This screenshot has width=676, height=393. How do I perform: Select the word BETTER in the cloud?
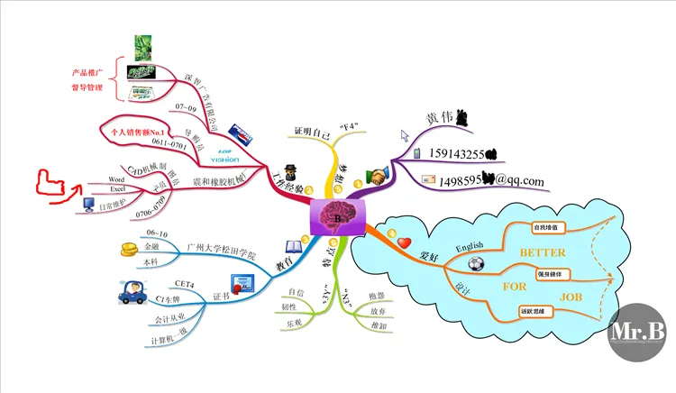543,253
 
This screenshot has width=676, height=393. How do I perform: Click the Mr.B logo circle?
637,331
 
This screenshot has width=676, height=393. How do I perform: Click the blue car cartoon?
130,294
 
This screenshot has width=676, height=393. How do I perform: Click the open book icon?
294,246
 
